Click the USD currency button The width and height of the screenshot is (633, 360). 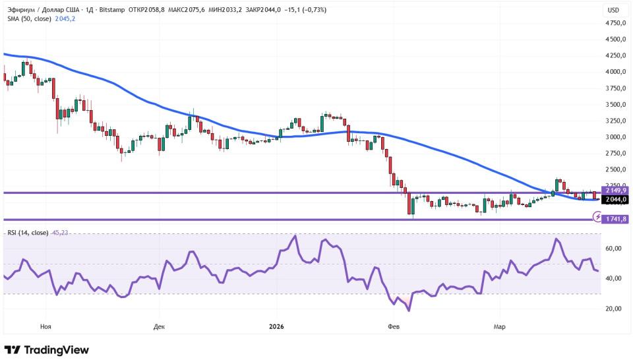tap(613, 10)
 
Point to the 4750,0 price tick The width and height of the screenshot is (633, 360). tap(615, 22)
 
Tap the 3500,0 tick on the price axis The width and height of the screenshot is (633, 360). tap(615, 104)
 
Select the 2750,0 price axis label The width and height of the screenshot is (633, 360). tap(615, 153)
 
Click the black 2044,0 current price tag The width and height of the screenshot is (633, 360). tap(615, 199)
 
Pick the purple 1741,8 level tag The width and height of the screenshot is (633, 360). tap(615, 219)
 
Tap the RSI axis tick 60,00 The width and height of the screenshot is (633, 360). tap(614, 249)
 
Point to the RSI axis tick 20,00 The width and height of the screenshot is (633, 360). tap(614, 309)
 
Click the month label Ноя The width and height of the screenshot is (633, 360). tap(45, 326)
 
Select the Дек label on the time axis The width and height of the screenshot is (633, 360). tap(159, 326)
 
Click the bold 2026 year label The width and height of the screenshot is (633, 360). tap(276, 326)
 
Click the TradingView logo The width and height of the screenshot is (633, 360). tap(46, 350)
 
